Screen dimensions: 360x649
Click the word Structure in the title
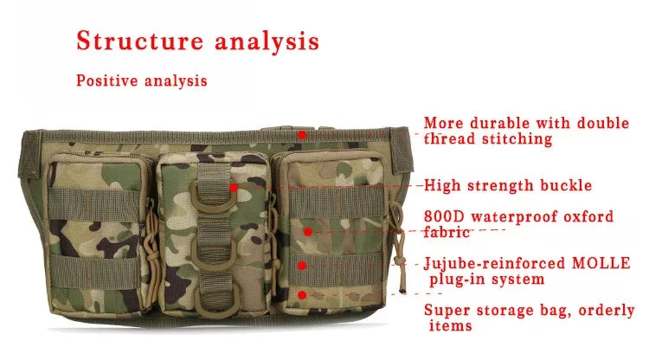130,41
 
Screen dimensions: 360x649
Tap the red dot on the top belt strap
301,135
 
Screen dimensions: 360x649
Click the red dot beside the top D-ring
234,187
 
